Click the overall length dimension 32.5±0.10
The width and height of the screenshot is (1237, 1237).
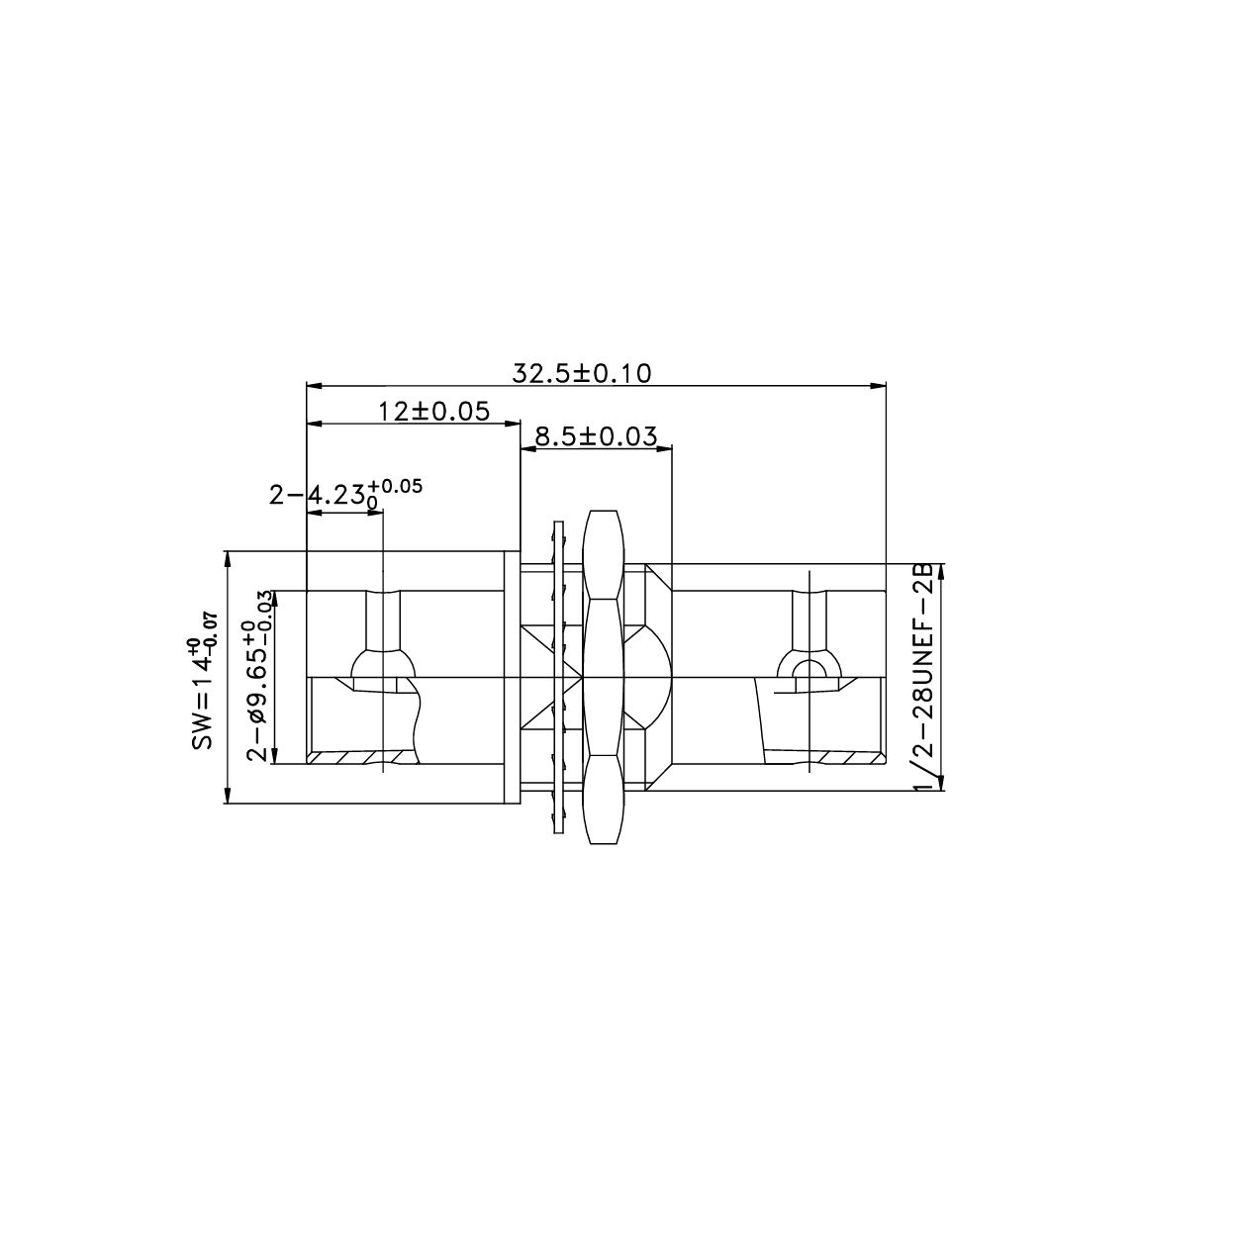click(x=582, y=373)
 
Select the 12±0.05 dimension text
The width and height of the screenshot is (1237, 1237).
click(x=434, y=411)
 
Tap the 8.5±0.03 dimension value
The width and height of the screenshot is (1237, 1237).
click(x=597, y=436)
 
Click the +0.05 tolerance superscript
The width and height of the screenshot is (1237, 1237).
click(x=395, y=485)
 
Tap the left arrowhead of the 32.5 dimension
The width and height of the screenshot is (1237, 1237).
click(x=314, y=386)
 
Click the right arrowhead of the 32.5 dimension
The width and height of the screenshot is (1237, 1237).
click(x=878, y=386)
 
